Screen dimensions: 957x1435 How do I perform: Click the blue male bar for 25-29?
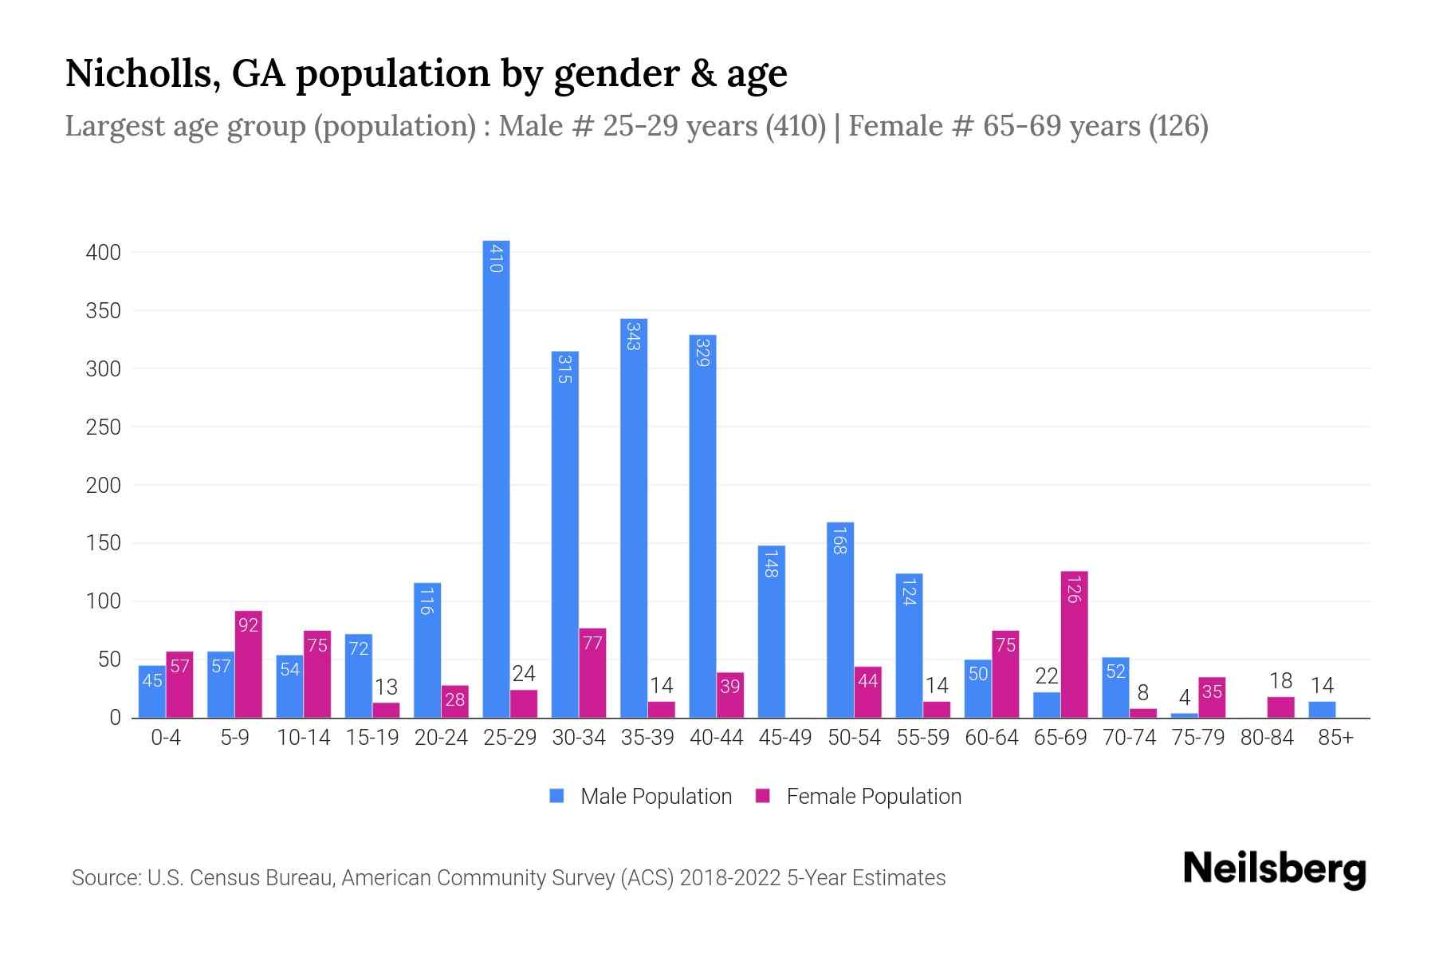pos(496,478)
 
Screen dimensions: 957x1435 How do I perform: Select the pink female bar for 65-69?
pos(1074,644)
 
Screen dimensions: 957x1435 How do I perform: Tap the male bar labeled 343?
pos(634,518)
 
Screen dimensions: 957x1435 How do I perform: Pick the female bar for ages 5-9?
pos(249,664)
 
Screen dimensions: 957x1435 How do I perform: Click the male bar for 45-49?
pos(771,632)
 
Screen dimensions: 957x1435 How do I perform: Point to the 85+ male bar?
pos(1322,710)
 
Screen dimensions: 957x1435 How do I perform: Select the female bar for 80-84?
pos(1280,707)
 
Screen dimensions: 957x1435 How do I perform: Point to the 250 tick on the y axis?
pos(104,427)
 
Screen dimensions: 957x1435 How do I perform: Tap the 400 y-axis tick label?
pos(104,253)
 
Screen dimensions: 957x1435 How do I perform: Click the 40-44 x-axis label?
pos(716,738)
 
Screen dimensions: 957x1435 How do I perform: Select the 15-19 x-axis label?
pos(372,738)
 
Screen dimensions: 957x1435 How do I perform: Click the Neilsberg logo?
pos(1275,869)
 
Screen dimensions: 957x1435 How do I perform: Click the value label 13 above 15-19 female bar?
pos(386,687)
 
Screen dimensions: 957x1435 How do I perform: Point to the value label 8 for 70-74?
pos(1142,693)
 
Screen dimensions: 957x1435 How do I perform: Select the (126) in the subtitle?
pos(1178,126)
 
